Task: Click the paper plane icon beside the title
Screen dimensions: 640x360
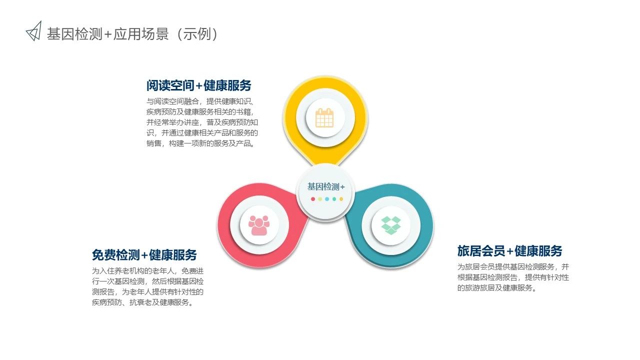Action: click(x=34, y=31)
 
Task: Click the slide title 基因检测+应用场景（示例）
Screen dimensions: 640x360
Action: click(x=132, y=34)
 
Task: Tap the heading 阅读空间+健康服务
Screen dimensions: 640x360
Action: click(x=199, y=85)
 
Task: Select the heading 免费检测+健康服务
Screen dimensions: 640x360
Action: click(x=144, y=255)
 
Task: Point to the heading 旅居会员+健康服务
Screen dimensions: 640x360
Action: click(x=509, y=251)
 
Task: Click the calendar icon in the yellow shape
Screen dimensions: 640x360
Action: click(x=324, y=117)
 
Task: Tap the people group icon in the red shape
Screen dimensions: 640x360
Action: click(x=259, y=225)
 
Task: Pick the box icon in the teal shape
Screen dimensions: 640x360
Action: click(x=391, y=225)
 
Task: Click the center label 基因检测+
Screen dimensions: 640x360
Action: click(x=326, y=187)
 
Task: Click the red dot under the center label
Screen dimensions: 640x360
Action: click(x=313, y=199)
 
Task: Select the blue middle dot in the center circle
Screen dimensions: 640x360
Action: click(x=327, y=199)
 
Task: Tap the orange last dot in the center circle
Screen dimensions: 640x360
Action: click(x=341, y=199)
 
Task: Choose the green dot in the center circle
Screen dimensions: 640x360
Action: click(x=334, y=199)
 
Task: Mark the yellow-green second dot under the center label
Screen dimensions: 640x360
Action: click(x=320, y=199)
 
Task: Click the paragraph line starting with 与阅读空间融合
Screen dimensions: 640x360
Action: click(x=199, y=101)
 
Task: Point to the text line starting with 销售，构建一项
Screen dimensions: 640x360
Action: click(x=200, y=143)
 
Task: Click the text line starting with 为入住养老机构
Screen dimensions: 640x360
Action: click(x=147, y=271)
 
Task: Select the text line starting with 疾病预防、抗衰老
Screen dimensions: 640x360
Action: click(x=143, y=302)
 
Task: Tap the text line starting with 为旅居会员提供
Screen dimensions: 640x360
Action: click(x=513, y=267)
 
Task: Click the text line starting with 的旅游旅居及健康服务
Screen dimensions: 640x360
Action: click(x=497, y=287)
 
